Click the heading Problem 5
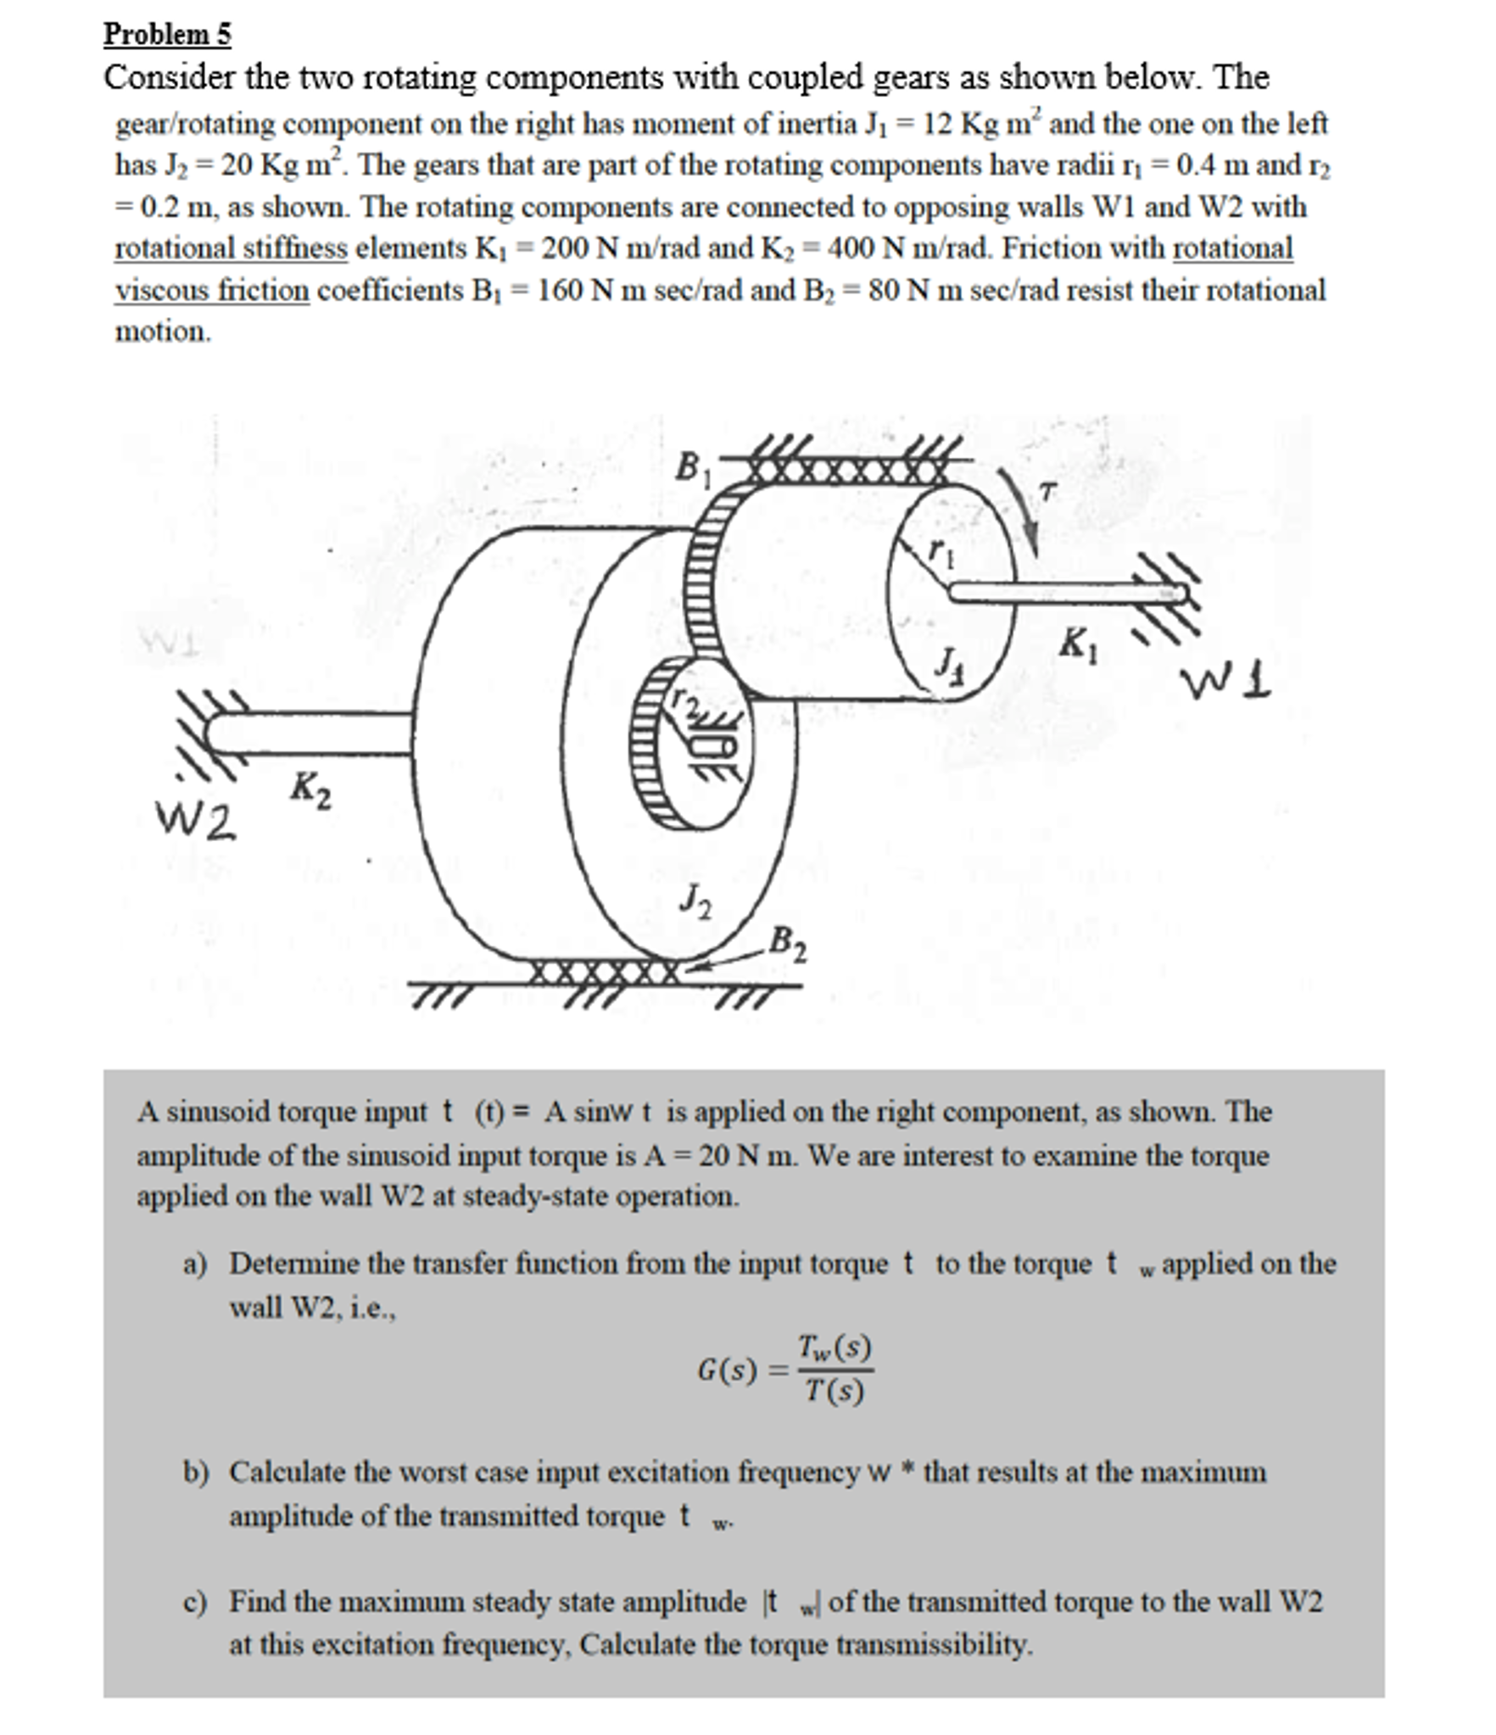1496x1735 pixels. click(167, 34)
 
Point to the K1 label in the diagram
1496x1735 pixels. click(1079, 646)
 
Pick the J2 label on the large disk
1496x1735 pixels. click(695, 900)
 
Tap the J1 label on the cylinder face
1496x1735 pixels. click(949, 661)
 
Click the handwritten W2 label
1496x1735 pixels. click(196, 820)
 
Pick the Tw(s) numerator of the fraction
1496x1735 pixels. click(834, 1347)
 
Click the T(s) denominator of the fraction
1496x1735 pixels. click(835, 1391)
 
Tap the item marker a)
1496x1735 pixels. click(195, 1264)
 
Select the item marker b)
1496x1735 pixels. click(196, 1471)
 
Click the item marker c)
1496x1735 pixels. click(195, 1602)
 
